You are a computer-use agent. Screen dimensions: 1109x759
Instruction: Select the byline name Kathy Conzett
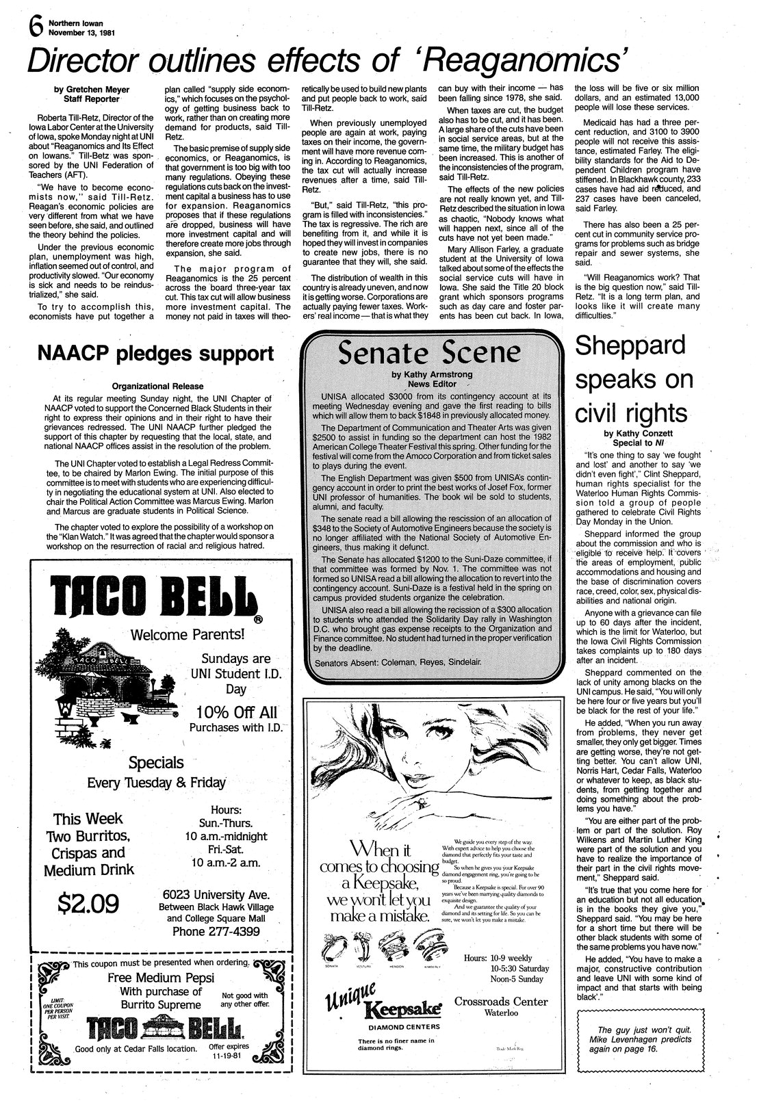coord(639,433)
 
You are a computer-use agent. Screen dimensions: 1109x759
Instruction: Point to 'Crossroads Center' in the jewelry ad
coord(502,1002)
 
